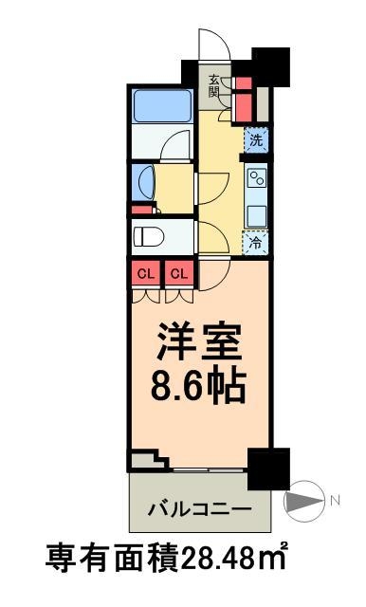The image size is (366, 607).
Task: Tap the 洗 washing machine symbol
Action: pyautogui.click(x=255, y=140)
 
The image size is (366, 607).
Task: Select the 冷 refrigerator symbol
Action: pyautogui.click(x=255, y=243)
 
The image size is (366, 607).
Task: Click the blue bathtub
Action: pyautogui.click(x=163, y=104)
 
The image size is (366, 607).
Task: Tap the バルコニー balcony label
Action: pyautogui.click(x=200, y=507)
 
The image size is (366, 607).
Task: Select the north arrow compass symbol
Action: pyautogui.click(x=305, y=499)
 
